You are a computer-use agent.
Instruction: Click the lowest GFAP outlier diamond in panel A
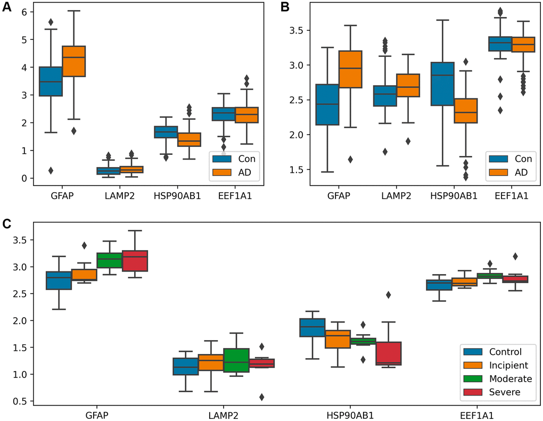tap(51, 170)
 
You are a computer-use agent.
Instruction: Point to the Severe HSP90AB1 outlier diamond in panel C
tap(389, 294)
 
